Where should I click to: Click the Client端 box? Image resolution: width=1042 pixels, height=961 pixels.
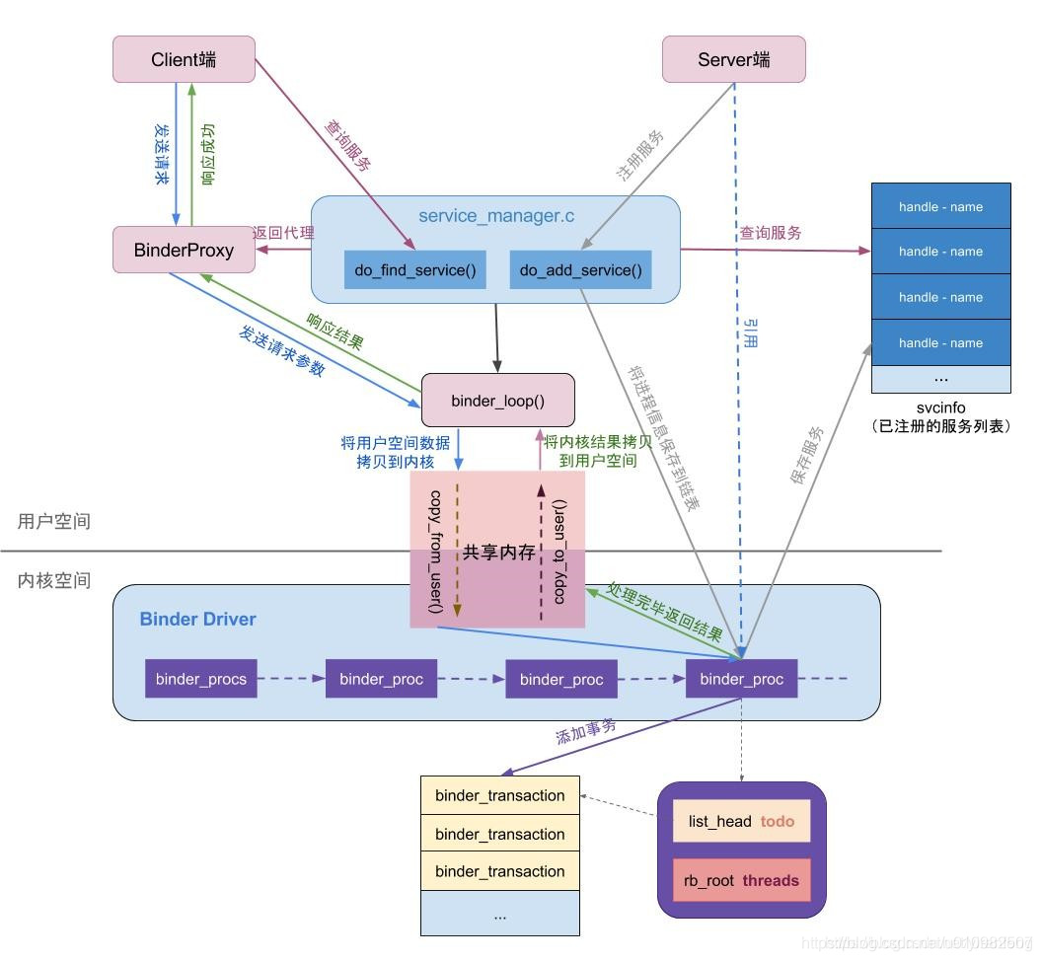point(184,59)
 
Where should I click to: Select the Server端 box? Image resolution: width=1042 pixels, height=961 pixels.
point(733,59)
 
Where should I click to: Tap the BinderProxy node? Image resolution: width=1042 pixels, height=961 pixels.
point(184,250)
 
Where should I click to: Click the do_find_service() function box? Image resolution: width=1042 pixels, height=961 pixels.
point(414,270)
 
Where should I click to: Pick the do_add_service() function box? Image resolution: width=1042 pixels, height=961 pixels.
point(580,270)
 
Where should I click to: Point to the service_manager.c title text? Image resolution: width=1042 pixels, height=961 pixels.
point(496,216)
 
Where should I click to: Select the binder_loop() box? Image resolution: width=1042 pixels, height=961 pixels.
point(497,400)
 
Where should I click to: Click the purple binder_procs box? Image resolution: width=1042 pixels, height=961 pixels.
point(201,679)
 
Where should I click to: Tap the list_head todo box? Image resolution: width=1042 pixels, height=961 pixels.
point(741,821)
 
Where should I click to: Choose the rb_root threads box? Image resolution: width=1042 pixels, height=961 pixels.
point(741,880)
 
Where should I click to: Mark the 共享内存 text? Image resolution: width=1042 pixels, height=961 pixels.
point(498,553)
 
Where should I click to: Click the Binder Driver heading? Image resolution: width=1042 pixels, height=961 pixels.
point(197,620)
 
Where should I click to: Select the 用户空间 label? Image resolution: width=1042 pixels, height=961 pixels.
point(54,521)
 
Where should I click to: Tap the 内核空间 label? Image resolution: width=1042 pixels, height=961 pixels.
point(54,580)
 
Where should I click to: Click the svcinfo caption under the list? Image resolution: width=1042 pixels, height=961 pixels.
point(939,408)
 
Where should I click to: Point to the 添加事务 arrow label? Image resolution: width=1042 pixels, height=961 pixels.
point(585,729)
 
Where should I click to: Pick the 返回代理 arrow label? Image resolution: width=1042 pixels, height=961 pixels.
point(283,233)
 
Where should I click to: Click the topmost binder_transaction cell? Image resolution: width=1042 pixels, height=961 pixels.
point(499,795)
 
